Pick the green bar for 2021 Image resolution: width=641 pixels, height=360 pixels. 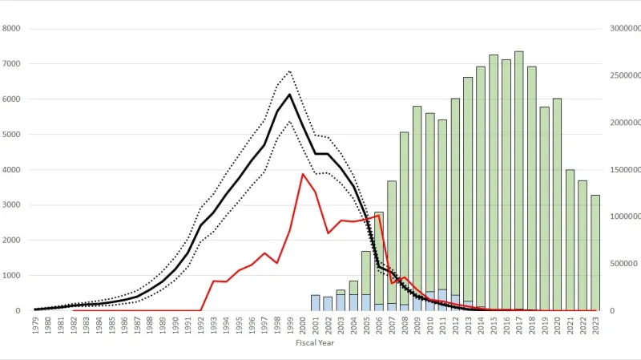(x=570, y=240)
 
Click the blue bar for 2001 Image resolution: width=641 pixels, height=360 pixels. (x=315, y=303)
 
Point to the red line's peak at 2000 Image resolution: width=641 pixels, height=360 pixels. (x=303, y=174)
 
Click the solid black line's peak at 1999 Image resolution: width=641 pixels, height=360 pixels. (x=290, y=95)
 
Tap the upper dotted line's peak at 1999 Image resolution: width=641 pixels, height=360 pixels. (x=290, y=71)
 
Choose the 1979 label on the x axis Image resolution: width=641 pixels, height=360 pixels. (x=37, y=325)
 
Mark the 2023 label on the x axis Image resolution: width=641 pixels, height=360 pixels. (x=595, y=325)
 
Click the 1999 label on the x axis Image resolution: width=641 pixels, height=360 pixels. (x=290, y=325)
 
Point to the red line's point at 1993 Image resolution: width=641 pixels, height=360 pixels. (x=214, y=281)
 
